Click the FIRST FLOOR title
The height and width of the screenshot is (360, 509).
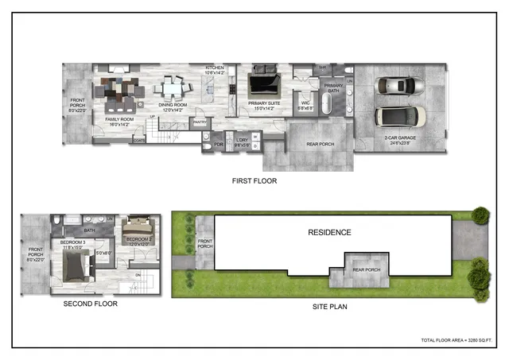pyautogui.click(x=254, y=181)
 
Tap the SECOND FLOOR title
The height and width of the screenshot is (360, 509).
pyautogui.click(x=90, y=304)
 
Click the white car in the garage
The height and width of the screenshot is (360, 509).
pyautogui.click(x=395, y=86)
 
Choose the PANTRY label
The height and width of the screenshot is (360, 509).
pyautogui.click(x=200, y=122)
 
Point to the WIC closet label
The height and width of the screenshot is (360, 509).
pyautogui.click(x=305, y=102)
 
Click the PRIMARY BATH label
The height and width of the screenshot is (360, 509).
pyautogui.click(x=333, y=87)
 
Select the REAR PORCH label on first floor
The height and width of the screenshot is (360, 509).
pyautogui.click(x=317, y=144)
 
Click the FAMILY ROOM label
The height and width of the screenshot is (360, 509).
pyautogui.click(x=118, y=121)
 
